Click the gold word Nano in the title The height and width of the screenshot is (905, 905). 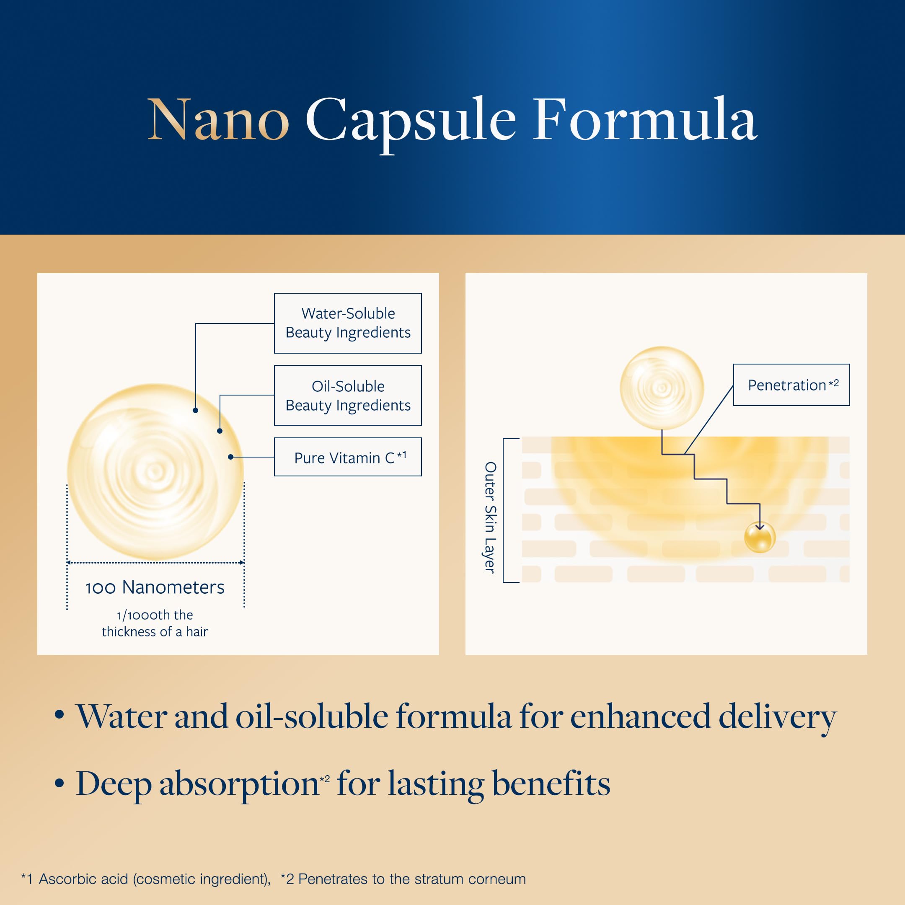coord(218,119)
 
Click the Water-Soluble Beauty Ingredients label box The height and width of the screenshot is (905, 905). coord(348,323)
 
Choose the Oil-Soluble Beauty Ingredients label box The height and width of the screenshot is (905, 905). coord(348,396)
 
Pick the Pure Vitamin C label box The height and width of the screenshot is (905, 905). coord(348,457)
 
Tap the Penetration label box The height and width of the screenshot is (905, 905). coord(791,385)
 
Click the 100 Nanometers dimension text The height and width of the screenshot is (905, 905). coord(155,587)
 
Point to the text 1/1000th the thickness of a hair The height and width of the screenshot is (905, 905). coord(155,623)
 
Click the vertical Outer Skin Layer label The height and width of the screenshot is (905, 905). coord(490,517)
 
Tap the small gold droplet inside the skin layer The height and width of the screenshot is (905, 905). coord(759,537)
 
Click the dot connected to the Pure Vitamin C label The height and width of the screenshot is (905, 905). coord(230,457)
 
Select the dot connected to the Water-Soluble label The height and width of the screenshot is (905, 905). coord(195,410)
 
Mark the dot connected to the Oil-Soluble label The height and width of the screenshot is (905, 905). coord(220,430)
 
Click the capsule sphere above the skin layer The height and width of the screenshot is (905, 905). coord(662,388)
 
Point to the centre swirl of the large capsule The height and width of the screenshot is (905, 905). coord(155,471)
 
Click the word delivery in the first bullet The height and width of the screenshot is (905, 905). coord(778,717)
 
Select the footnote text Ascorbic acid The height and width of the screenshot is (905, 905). coord(83,879)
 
